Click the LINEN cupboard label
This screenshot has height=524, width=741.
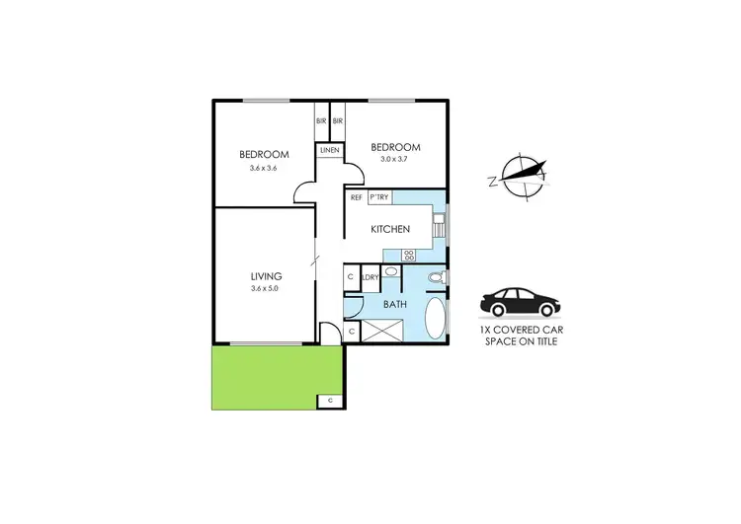tap(329, 150)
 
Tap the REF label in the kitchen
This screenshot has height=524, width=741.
tap(355, 197)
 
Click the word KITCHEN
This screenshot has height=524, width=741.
tap(389, 230)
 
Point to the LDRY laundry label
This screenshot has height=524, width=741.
tap(371, 277)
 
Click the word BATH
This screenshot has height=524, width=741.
tap(394, 305)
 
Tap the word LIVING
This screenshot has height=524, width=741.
tap(266, 276)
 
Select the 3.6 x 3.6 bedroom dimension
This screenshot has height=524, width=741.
tap(264, 168)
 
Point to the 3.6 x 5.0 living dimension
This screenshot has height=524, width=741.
tap(266, 289)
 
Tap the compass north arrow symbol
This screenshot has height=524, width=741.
tap(522, 178)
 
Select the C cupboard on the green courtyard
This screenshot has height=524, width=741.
tap(329, 401)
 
